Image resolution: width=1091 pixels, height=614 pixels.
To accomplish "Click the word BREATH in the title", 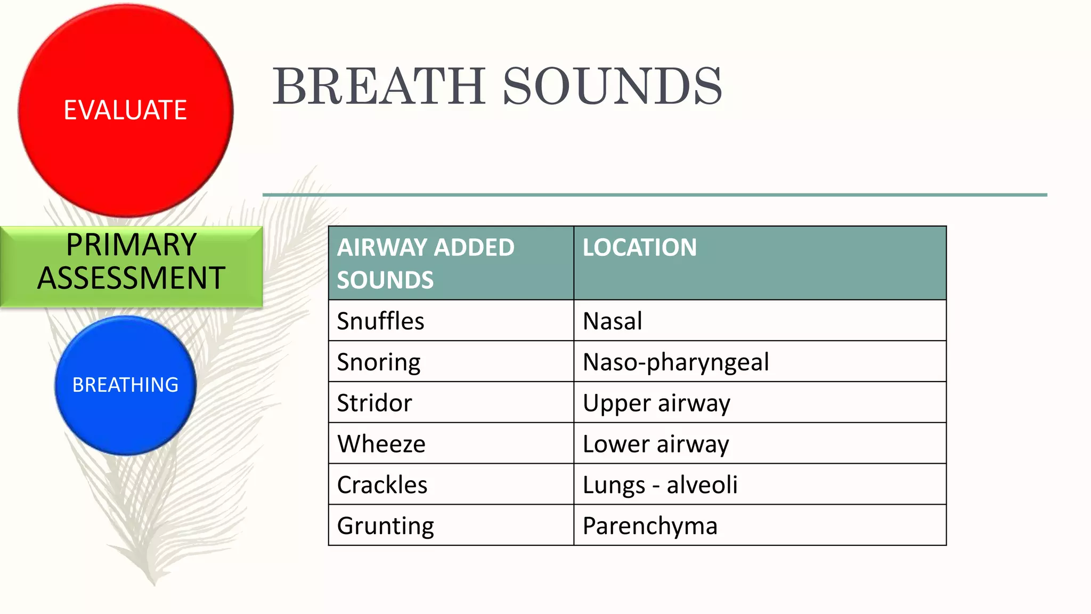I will (x=379, y=86).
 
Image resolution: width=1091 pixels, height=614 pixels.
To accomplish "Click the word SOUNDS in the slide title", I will (x=612, y=86).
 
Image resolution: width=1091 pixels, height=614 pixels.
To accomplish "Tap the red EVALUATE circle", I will (x=125, y=110).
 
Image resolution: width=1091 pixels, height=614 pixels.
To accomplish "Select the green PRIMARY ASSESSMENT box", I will (x=131, y=261).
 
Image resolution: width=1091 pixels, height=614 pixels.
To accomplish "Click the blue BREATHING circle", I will (x=125, y=385).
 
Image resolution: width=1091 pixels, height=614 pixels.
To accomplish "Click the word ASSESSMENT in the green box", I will (x=131, y=278).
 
